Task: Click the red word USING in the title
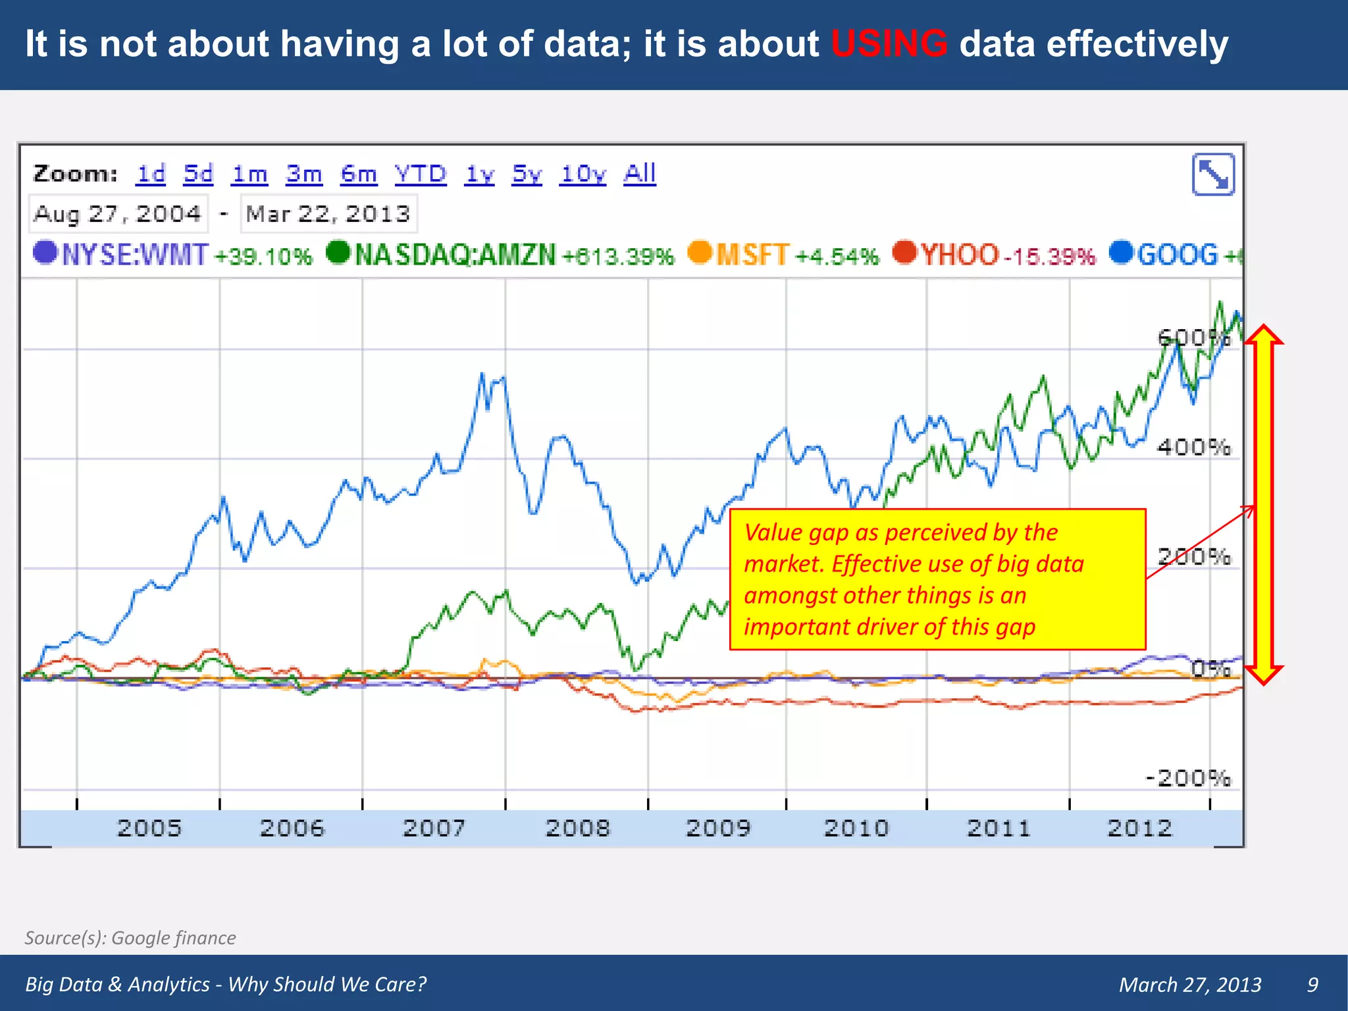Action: [x=889, y=44]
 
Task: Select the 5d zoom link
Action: [x=198, y=174]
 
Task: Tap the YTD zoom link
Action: [x=420, y=174]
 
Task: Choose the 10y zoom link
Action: [x=583, y=174]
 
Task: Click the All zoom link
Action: [x=640, y=174]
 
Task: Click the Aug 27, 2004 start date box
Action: [x=118, y=214]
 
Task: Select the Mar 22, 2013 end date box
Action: [x=328, y=214]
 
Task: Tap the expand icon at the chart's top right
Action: [x=1213, y=174]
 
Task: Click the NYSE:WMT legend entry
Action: [x=135, y=255]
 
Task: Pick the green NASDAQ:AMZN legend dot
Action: [x=338, y=252]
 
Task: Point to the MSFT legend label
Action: [x=752, y=255]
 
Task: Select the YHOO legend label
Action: [x=960, y=255]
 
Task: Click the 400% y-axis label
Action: [x=1193, y=448]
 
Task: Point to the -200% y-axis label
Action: [x=1188, y=778]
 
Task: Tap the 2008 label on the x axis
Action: [x=578, y=828]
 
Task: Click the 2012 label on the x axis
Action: [x=1139, y=828]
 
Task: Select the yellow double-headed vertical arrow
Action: [x=1264, y=505]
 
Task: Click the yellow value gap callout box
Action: [x=937, y=579]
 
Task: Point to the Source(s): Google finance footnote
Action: [x=130, y=937]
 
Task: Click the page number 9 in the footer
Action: [x=1312, y=984]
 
